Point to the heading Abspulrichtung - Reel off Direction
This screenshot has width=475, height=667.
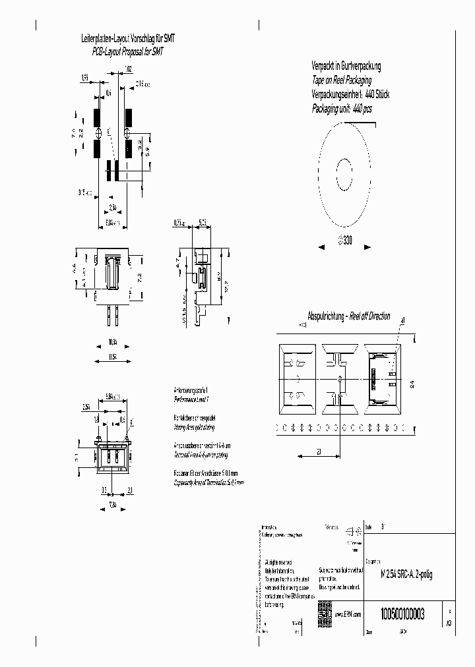348,316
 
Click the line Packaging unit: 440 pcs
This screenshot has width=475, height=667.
341,109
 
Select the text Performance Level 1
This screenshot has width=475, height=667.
191,399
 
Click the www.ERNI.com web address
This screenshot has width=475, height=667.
348,614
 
